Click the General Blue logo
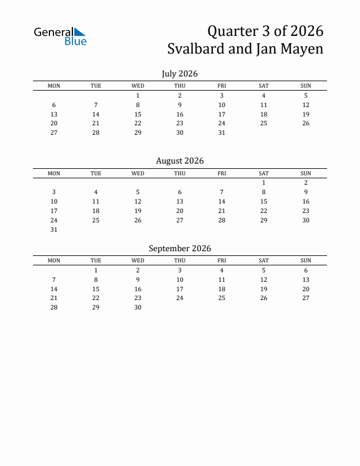(x=60, y=36)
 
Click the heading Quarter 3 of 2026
(x=266, y=31)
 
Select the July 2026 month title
(x=179, y=74)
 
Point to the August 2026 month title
(x=179, y=161)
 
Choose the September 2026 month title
(x=179, y=248)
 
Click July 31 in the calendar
(x=222, y=133)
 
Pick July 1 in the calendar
(x=138, y=95)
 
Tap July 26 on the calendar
(x=306, y=124)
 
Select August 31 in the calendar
(x=54, y=230)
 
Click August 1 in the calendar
(x=264, y=183)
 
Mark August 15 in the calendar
(x=264, y=202)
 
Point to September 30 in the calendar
(x=138, y=308)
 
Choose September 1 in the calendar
(x=96, y=271)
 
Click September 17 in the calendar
(x=180, y=289)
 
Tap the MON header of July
(x=54, y=86)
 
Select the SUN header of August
(x=306, y=174)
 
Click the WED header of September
(x=138, y=261)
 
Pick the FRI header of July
(x=222, y=86)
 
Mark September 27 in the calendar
(x=306, y=298)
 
